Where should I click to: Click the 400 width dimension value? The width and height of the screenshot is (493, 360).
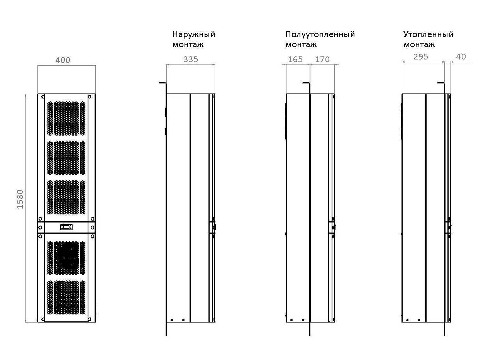(x=63, y=60)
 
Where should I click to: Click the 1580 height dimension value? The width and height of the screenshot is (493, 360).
(x=20, y=199)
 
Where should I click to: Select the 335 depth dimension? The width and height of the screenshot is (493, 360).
(x=191, y=59)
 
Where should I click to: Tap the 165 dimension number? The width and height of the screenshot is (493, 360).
(x=295, y=59)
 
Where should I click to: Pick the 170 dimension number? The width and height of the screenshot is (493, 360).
(x=322, y=59)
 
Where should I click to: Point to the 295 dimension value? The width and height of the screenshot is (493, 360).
(x=420, y=56)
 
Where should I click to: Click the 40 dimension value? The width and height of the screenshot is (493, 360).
(x=461, y=56)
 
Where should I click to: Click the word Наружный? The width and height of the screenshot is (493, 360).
(x=194, y=34)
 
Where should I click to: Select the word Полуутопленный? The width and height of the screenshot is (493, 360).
(x=320, y=34)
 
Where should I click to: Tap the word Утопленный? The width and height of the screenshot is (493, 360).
(x=428, y=34)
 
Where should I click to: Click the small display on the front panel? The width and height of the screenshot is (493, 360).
(x=66, y=227)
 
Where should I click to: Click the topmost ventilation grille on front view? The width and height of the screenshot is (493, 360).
(x=66, y=118)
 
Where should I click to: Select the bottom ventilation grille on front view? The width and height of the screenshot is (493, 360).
(x=66, y=297)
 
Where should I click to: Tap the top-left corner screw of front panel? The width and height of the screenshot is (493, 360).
(x=43, y=97)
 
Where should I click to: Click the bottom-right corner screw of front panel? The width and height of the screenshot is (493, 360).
(x=90, y=319)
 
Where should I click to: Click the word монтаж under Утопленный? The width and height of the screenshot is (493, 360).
(x=419, y=45)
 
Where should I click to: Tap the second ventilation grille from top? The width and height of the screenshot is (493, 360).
(x=66, y=158)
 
